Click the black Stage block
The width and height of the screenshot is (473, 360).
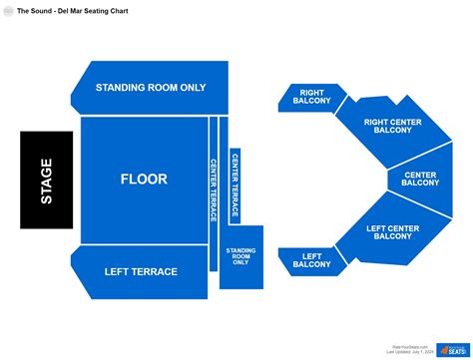[46, 180]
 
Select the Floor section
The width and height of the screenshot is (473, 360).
[144, 180]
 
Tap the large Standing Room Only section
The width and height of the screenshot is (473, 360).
[151, 87]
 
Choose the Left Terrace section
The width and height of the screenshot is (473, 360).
[141, 271]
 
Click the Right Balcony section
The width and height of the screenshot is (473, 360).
[311, 97]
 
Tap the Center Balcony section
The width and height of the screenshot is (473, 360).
[419, 180]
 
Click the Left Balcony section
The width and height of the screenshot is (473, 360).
[311, 261]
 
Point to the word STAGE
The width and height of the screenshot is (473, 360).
[46, 180]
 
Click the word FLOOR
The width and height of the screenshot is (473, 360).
[144, 180]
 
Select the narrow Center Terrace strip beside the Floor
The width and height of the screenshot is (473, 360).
[214, 189]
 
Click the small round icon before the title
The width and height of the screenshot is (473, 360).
[8, 9]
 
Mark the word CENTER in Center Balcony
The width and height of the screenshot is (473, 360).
[419, 176]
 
